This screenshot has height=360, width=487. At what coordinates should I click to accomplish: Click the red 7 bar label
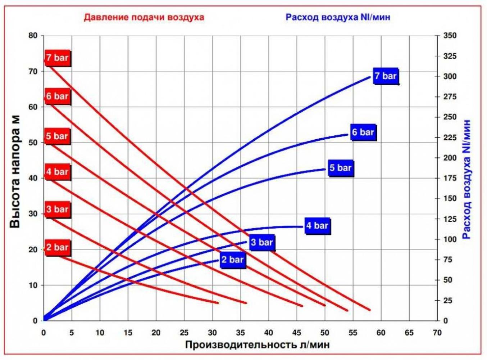(x=57, y=58)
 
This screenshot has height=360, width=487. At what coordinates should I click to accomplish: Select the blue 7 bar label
(x=386, y=76)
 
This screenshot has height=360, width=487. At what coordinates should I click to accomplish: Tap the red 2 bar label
(x=57, y=247)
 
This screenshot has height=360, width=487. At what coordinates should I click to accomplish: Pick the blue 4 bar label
(x=317, y=226)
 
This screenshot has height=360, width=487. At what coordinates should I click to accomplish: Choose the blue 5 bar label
(x=341, y=168)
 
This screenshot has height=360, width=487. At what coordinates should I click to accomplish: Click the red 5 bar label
(x=57, y=136)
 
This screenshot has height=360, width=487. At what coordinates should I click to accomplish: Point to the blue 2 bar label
(x=232, y=260)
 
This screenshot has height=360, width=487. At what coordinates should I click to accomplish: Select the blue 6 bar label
(x=363, y=132)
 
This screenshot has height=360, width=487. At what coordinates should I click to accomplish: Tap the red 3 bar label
(x=57, y=209)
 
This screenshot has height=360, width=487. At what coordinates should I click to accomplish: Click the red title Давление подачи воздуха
(x=144, y=17)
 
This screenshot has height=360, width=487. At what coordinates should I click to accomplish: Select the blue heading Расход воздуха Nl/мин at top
(x=338, y=17)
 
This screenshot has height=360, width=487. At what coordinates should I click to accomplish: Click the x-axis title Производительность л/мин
(x=257, y=345)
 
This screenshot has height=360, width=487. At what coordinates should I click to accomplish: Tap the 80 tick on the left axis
(x=33, y=36)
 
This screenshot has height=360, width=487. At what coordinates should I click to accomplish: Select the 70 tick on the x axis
(x=437, y=333)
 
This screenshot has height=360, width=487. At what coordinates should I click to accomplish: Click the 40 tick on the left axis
(x=33, y=178)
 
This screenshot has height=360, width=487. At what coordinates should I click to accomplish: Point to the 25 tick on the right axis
(x=448, y=300)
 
